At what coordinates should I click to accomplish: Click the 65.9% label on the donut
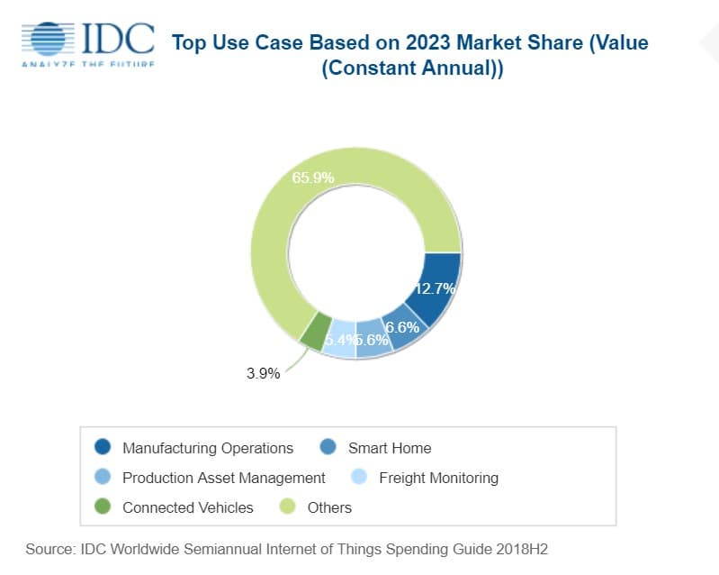pos(313,178)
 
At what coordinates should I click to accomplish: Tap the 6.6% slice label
pos(402,327)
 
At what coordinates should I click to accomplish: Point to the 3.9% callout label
pos(264,373)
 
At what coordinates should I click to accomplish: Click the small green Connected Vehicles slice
pos(313,331)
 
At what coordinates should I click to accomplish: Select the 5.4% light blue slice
pos(340,340)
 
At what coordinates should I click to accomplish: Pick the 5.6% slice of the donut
pos(371,341)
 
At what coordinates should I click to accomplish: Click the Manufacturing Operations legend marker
pos(103,448)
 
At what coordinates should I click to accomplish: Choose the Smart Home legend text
pos(389,448)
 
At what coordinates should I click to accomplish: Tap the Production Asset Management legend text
pos(223,478)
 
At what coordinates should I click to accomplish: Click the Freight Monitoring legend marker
pos(359,478)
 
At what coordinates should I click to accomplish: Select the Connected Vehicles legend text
pos(187,507)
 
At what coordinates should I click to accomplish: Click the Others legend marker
pos(288,507)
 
